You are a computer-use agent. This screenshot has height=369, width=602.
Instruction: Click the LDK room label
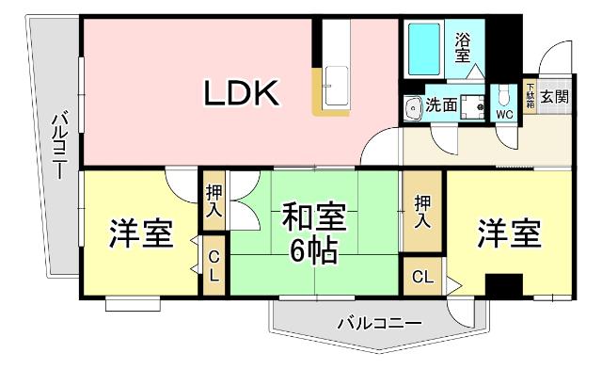241,92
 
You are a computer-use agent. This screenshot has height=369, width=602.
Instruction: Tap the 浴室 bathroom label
463,49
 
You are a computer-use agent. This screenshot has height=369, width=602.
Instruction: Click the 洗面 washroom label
440,105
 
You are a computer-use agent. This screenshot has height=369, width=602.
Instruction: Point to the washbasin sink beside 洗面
411,109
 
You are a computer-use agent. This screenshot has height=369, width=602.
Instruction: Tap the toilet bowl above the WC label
504,95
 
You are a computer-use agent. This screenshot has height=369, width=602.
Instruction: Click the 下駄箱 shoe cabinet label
530,97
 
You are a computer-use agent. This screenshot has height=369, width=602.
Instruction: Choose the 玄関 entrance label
555,97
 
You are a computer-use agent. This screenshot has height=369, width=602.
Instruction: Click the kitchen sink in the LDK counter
335,90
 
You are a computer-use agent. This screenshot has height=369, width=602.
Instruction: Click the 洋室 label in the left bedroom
141,233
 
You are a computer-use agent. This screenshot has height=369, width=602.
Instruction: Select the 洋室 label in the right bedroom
509,233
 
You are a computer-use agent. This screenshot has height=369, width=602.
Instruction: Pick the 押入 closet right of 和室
422,212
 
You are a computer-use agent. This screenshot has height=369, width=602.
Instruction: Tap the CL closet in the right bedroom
423,277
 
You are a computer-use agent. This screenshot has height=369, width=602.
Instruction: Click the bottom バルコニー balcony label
380,324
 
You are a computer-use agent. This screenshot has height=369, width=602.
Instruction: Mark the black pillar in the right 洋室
505,283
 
